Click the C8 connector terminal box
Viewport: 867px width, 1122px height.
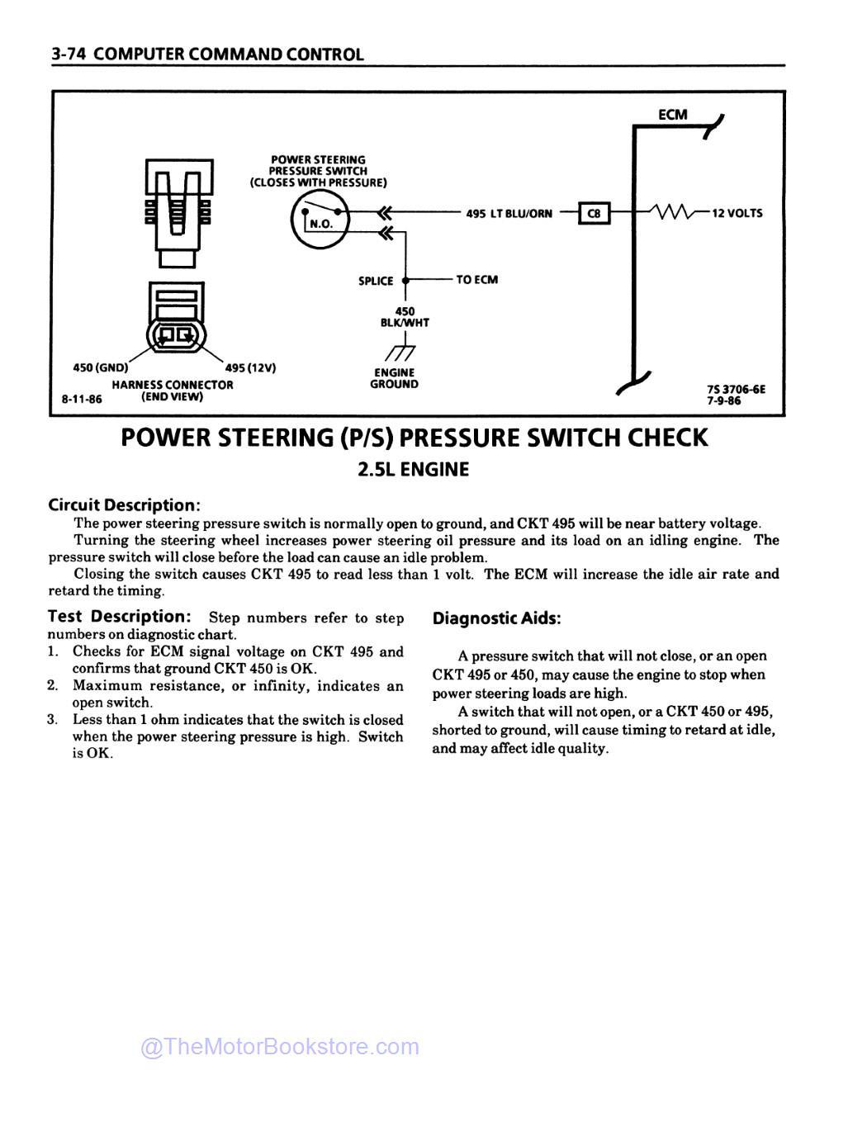click(x=593, y=214)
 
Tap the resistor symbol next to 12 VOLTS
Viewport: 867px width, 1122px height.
click(x=673, y=213)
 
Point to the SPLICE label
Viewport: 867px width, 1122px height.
click(x=375, y=281)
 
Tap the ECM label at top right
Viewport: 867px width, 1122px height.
click(x=672, y=115)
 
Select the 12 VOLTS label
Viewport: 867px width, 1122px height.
click(x=737, y=213)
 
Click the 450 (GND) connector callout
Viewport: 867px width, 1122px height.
click(x=97, y=368)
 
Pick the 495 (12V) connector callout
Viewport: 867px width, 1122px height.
click(x=250, y=368)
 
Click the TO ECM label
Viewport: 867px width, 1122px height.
click(x=476, y=280)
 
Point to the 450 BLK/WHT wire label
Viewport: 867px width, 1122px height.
click(x=405, y=317)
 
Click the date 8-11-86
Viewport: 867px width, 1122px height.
click(x=82, y=398)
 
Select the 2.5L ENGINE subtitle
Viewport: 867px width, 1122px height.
click(x=413, y=470)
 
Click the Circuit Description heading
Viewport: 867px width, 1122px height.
click(x=124, y=504)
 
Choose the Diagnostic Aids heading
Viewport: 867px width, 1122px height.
click(x=496, y=618)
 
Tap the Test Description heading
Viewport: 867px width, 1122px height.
click(x=120, y=617)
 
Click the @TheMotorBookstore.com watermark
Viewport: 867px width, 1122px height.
click(x=280, y=1047)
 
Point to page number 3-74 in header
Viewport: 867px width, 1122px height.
click(x=69, y=54)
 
